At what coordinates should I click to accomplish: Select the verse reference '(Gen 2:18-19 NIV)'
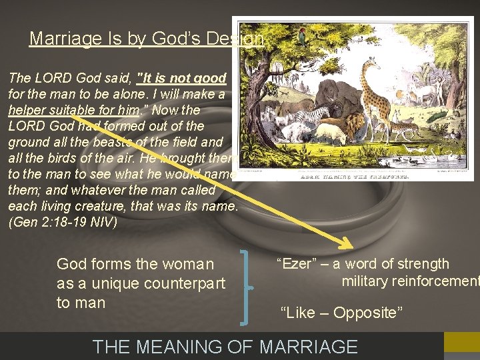pyautogui.click(x=62, y=222)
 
